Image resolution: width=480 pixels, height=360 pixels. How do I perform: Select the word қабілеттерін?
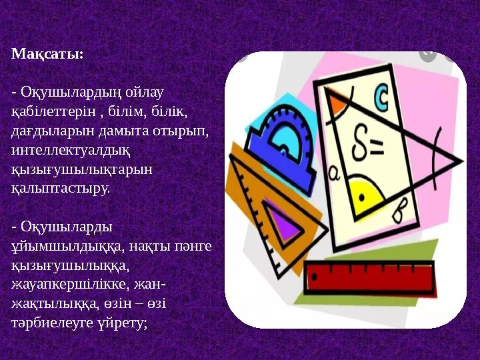tap(53, 109)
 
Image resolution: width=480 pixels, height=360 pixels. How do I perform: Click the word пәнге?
tap(194, 245)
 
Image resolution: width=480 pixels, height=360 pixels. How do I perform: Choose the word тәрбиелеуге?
tap(54, 323)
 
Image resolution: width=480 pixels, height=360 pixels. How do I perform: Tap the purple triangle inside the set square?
tap(285, 224)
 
